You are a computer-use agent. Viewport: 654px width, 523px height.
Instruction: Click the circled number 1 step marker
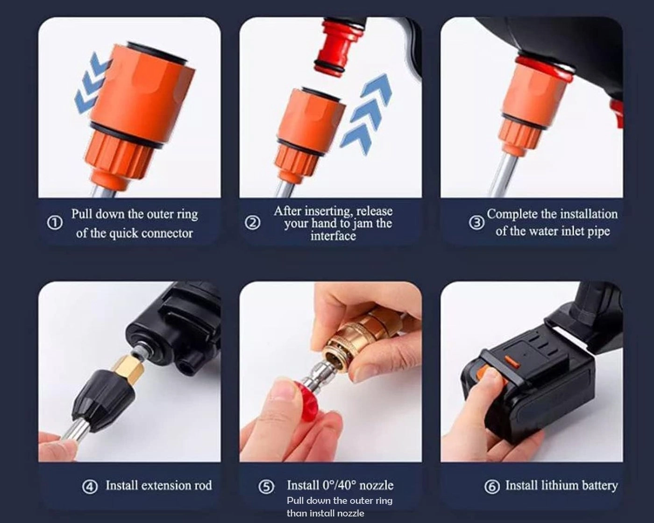[55, 223]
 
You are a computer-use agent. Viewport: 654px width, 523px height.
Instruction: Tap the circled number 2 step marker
[253, 223]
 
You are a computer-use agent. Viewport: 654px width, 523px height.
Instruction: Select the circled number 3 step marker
[476, 223]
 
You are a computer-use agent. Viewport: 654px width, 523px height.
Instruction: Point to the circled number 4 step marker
[90, 487]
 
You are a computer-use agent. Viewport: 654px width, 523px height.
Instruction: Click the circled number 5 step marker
[266, 487]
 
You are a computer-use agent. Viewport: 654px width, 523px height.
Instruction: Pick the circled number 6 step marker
[492, 487]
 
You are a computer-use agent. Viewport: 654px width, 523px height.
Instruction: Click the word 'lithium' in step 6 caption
[561, 486]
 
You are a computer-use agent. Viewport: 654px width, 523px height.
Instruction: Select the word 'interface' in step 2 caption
[333, 236]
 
